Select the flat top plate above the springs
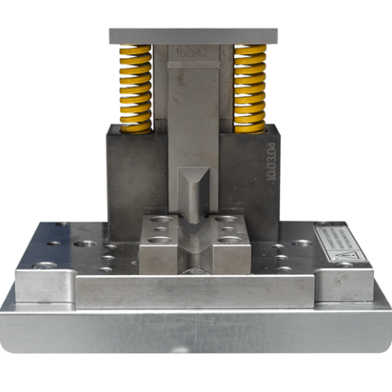coord(193,37)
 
